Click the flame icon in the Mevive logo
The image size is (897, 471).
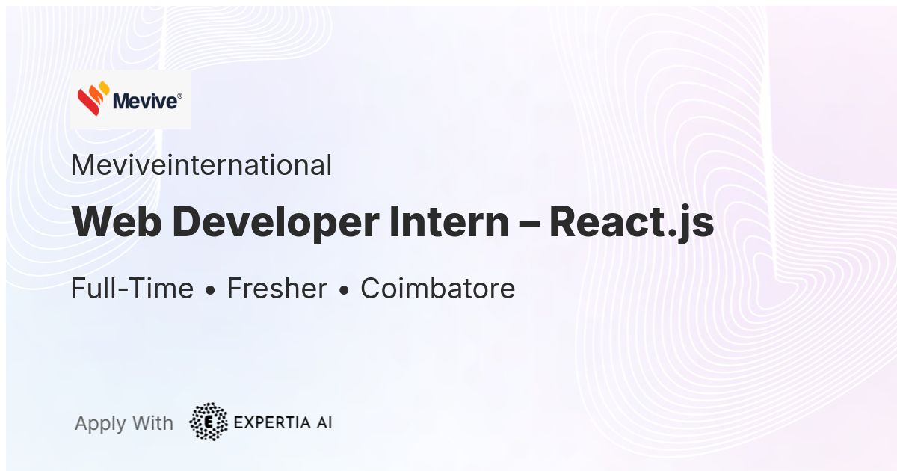[x=93, y=98]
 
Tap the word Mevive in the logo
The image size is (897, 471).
[x=144, y=101]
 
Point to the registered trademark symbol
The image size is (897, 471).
[x=180, y=96]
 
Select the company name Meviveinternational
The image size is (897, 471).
[x=201, y=165]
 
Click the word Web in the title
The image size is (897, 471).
[x=117, y=222]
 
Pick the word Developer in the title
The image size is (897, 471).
[x=276, y=224]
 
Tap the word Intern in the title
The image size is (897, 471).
[x=449, y=222]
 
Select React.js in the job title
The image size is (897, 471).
[x=632, y=224]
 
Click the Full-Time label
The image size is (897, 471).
[x=132, y=288]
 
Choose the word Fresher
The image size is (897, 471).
[x=277, y=288]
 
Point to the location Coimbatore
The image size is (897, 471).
[x=438, y=288]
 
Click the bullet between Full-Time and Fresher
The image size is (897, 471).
[x=210, y=291]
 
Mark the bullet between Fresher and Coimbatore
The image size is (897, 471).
[x=344, y=291]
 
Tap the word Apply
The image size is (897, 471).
[x=100, y=424]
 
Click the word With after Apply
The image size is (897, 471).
[x=152, y=423]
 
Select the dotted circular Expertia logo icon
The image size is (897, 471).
[x=209, y=422]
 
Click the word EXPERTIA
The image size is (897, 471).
[x=272, y=422]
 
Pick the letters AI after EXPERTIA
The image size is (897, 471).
[x=324, y=422]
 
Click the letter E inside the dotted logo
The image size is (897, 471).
[x=209, y=422]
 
